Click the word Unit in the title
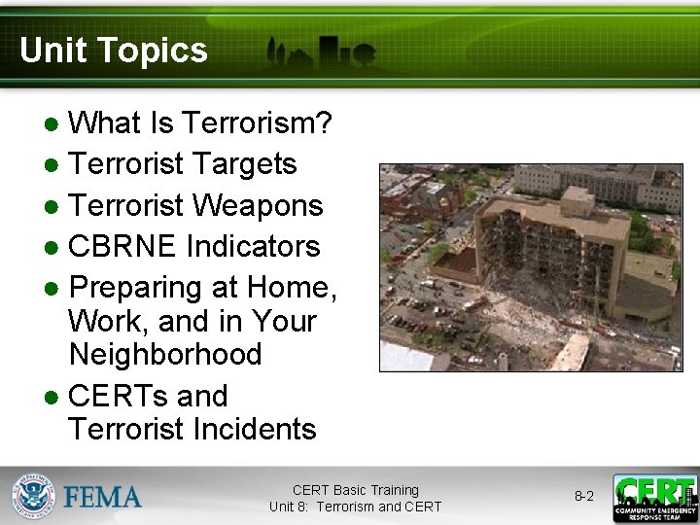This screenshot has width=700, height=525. click(x=51, y=51)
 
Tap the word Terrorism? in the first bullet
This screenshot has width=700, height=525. click(x=257, y=123)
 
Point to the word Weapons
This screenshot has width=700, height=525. click(x=257, y=205)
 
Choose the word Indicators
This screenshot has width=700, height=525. click(x=252, y=246)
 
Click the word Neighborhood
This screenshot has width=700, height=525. click(x=165, y=354)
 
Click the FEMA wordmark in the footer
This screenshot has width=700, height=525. click(x=103, y=497)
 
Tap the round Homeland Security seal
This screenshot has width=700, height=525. click(x=34, y=497)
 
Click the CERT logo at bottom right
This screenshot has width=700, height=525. click(x=654, y=497)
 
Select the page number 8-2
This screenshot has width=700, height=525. click(x=583, y=496)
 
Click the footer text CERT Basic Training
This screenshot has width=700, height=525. click(x=355, y=490)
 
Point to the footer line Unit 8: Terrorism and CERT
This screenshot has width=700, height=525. click(x=355, y=507)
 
